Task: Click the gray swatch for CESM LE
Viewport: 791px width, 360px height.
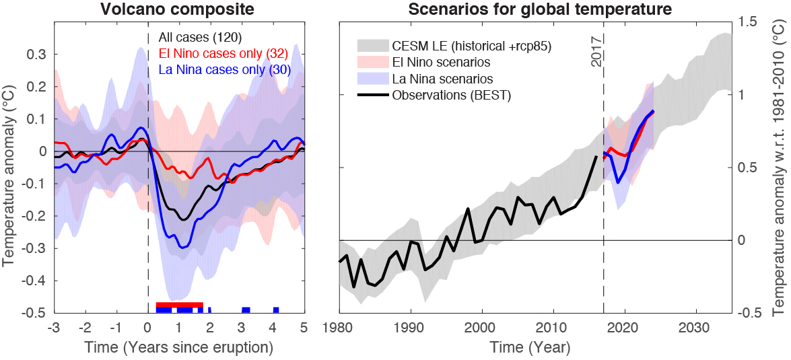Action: coord(372,46)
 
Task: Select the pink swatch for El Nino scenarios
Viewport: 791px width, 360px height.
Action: coord(372,63)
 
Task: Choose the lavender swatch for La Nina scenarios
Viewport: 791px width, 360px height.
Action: coord(372,79)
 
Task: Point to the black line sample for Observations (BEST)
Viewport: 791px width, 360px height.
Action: coord(372,96)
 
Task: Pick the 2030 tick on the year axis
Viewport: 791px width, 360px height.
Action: coord(696,328)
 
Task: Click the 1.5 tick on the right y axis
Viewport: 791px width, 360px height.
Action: coord(748,22)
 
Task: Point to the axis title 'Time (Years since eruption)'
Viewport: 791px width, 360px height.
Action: coord(179,348)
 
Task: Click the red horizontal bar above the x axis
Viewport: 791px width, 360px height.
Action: coord(179,305)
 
